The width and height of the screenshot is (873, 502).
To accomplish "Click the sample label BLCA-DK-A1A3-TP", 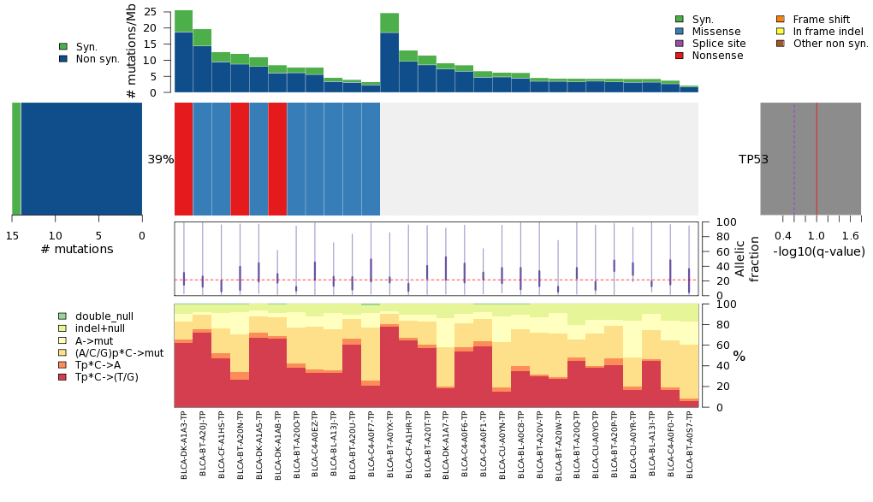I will (x=184, y=444).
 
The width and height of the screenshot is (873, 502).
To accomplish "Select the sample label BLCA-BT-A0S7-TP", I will (x=689, y=444).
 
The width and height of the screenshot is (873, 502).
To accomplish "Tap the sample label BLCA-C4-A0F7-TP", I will (x=371, y=444).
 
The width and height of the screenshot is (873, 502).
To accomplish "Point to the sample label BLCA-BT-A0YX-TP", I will (x=389, y=444).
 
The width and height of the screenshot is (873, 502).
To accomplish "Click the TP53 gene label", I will (x=753, y=160).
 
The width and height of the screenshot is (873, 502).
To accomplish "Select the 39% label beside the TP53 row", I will (x=161, y=160).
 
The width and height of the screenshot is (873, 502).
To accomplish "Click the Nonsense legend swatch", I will (x=680, y=56).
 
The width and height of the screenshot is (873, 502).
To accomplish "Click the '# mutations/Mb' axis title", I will (x=131, y=51).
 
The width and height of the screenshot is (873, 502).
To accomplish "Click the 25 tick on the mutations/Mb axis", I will (x=150, y=12).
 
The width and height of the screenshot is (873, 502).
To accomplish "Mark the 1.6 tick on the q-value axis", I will (x=850, y=236).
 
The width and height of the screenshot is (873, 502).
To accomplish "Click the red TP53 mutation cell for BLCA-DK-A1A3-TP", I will (x=184, y=159).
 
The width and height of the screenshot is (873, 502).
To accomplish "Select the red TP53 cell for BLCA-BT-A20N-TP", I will (x=240, y=159).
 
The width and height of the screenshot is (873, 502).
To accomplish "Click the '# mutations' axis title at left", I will (x=77, y=250).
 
